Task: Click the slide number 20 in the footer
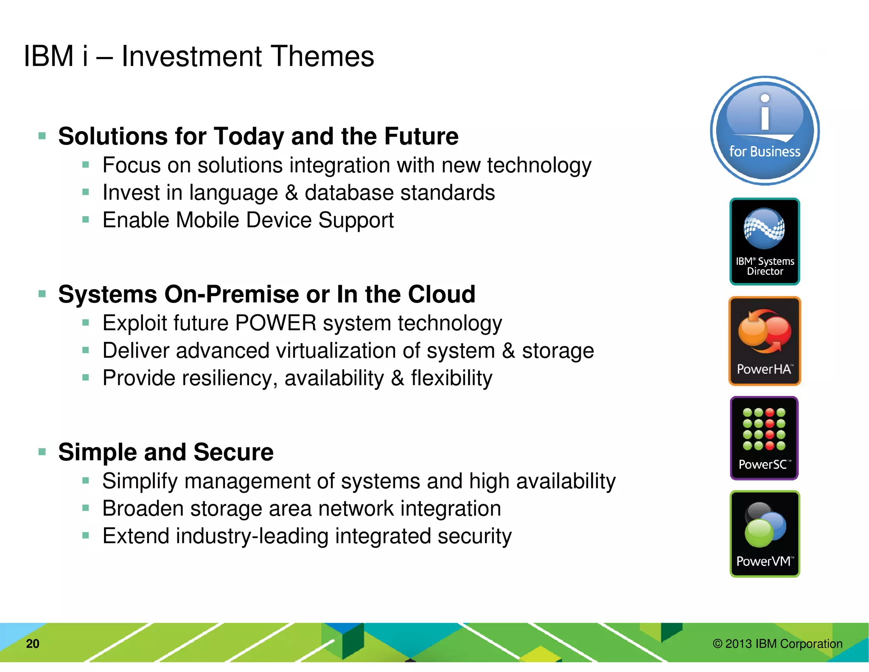click(x=33, y=644)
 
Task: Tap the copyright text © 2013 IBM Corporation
click(x=777, y=644)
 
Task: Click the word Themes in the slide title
click(x=322, y=56)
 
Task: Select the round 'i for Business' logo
click(x=765, y=131)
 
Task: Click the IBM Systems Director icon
click(x=765, y=241)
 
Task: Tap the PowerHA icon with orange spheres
click(x=765, y=341)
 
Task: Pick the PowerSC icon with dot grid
click(x=764, y=438)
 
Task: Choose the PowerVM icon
click(x=765, y=534)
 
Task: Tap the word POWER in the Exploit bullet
click(x=276, y=323)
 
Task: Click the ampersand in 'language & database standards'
click(x=291, y=193)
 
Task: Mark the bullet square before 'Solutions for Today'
click(x=42, y=136)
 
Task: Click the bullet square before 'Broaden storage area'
click(x=86, y=508)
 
